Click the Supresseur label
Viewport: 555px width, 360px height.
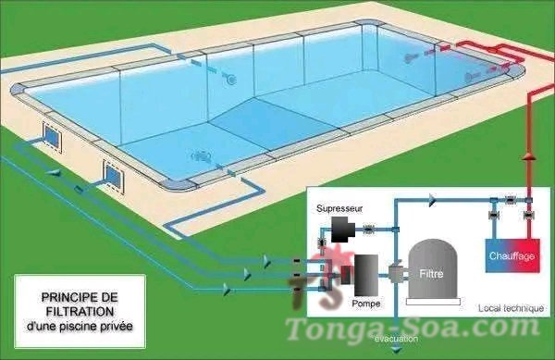(x=339, y=208)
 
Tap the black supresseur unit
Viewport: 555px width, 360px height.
(x=342, y=229)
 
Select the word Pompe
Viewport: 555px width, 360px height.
(x=366, y=304)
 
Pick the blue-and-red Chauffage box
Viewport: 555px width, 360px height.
(x=512, y=255)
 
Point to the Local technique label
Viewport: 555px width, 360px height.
(x=511, y=308)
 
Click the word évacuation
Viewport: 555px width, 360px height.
(x=397, y=339)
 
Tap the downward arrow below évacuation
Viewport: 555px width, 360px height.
(x=397, y=350)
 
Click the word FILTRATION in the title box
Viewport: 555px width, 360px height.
(x=80, y=312)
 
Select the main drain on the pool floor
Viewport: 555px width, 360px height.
(x=202, y=156)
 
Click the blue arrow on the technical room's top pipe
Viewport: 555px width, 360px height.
(x=432, y=200)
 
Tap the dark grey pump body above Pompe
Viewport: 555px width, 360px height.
(x=366, y=275)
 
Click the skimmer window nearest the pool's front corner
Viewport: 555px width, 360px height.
(x=113, y=176)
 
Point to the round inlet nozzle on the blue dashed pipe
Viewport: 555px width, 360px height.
(x=231, y=80)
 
